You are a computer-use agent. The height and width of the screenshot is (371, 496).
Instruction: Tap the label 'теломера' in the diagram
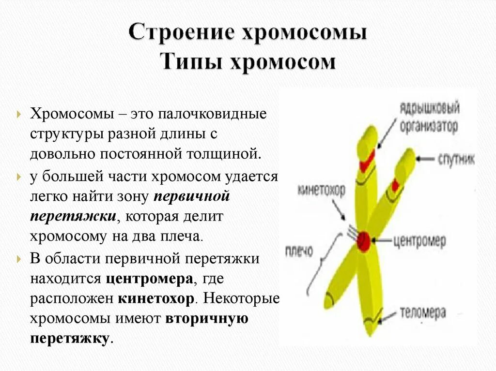coord(423,313)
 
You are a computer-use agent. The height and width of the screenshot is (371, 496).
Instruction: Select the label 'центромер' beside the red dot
coord(418,240)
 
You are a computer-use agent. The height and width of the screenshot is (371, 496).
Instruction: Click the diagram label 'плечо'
coord(299,252)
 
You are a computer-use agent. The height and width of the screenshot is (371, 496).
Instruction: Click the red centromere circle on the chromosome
coord(364,240)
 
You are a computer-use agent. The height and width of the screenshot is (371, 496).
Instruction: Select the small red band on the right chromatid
coord(395,185)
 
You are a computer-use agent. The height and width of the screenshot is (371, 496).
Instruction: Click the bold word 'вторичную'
coord(207,319)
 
